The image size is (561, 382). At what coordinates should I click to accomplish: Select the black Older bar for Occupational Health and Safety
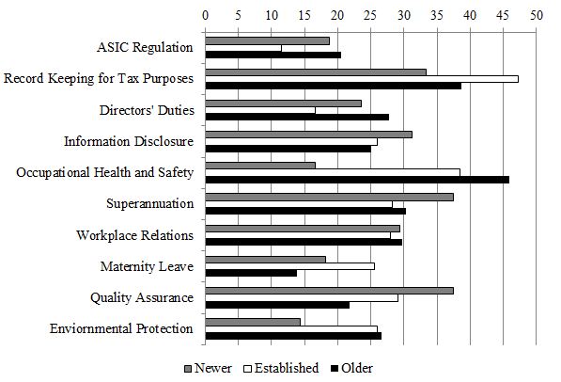tap(357, 179)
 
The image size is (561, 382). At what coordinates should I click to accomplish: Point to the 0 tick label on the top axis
tap(206, 16)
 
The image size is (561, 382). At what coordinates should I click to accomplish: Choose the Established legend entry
tap(281, 368)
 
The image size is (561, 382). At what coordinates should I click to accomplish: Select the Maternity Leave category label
tap(147, 266)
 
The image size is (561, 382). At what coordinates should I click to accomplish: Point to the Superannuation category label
tap(149, 203)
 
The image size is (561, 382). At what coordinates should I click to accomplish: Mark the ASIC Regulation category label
tap(145, 47)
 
